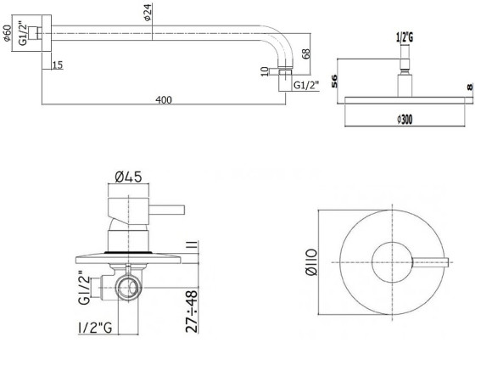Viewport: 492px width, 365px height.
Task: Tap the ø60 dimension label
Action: [8, 36]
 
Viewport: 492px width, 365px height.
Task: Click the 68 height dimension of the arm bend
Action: [306, 56]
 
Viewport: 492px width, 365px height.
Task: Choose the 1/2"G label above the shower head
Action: [405, 37]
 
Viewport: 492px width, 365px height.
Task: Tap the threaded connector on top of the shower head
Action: [405, 59]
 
